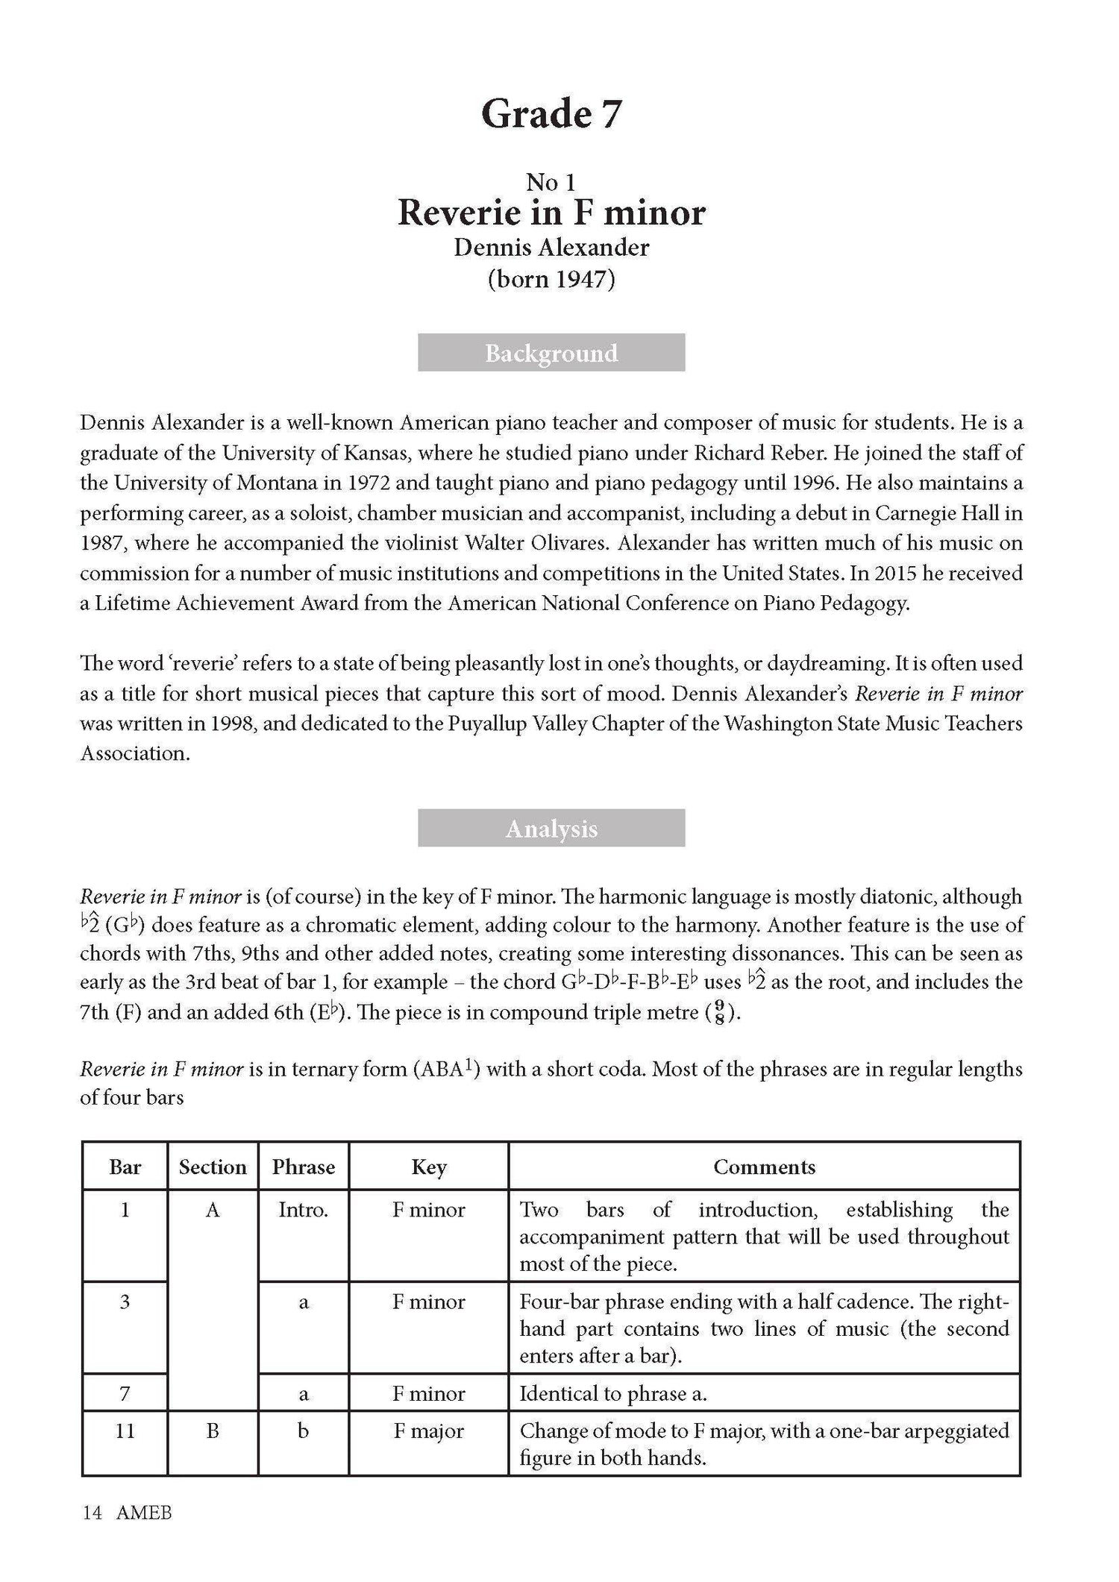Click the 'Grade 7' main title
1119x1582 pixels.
551,114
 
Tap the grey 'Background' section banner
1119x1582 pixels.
551,353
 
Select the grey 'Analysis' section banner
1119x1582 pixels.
551,829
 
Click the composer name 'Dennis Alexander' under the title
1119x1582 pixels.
551,248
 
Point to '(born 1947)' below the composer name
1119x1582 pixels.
551,280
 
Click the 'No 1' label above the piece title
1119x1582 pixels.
551,182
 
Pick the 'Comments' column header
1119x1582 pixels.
764,1167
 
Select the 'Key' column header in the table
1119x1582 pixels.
429,1167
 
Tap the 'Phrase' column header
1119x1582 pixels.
303,1167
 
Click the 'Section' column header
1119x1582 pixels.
213,1167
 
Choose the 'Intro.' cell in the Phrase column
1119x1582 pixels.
303,1210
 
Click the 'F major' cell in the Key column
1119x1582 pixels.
429,1431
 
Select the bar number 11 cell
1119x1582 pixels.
125,1431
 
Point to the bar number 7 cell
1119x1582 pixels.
125,1393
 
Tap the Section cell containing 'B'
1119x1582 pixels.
213,1431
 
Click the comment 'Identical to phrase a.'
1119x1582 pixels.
613,1393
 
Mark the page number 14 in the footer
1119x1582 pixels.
92,1513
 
